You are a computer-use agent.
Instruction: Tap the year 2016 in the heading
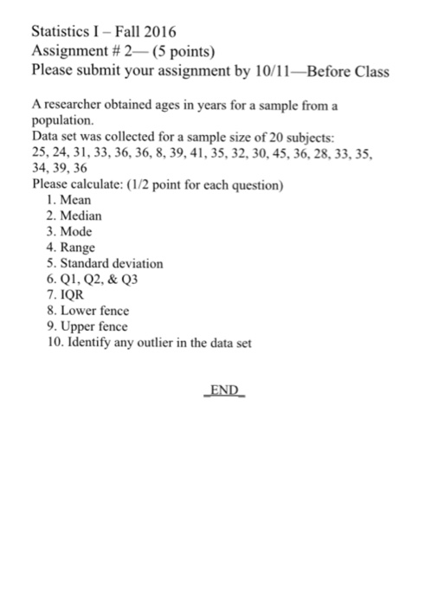(x=158, y=32)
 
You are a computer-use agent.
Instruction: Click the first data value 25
(x=38, y=153)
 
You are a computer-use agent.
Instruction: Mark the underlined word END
(x=224, y=390)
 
